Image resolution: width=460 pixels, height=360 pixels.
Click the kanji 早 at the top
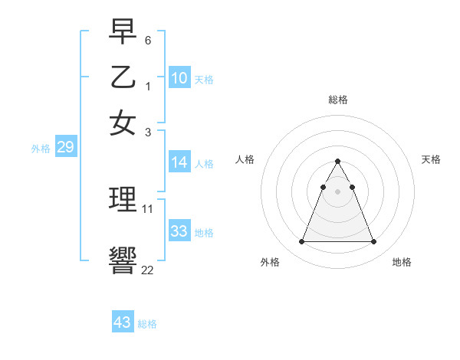point(123,32)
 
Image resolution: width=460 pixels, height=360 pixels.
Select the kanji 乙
point(123,77)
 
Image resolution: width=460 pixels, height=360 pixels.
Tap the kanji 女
point(123,123)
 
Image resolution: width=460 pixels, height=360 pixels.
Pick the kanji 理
point(123,199)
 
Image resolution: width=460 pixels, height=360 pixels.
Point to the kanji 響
point(123,260)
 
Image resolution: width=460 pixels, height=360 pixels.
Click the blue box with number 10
point(179,78)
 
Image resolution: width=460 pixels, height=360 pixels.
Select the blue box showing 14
point(179,162)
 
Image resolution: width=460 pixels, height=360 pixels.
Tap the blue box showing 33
point(179,231)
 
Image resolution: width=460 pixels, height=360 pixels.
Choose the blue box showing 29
point(65,148)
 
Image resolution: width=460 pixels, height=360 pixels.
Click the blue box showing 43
point(123,322)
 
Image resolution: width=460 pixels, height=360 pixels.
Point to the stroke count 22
point(147,269)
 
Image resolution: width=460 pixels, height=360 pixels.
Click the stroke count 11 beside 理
point(148,208)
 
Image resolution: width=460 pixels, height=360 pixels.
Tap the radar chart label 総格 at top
point(337,100)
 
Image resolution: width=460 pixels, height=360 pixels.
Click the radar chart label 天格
point(431,159)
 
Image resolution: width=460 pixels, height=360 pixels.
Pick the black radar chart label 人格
point(245,159)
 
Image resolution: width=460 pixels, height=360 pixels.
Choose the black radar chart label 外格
point(270,263)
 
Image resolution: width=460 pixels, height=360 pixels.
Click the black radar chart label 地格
point(402,263)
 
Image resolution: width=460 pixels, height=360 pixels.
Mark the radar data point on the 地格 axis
point(373,242)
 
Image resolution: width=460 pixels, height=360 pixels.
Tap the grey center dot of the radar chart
point(337,191)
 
